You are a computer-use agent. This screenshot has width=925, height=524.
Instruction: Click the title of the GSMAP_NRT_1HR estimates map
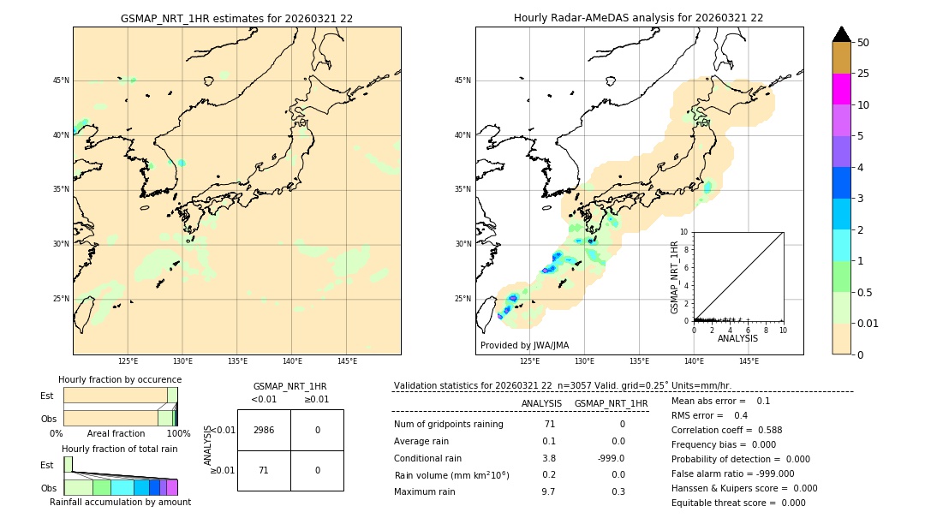pos(236,18)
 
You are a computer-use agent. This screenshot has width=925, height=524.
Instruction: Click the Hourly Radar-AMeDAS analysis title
pos(638,18)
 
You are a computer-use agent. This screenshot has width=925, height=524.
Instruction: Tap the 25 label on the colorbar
pos(863,74)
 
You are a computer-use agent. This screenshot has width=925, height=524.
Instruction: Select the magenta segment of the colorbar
pos(841,89)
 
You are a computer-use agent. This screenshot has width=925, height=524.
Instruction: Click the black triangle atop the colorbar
pos(841,34)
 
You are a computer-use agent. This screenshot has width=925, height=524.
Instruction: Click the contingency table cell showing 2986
pos(264,430)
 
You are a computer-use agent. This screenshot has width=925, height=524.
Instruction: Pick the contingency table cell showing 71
pos(264,470)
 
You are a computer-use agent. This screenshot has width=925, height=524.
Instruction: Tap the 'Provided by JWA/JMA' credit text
pos(524,345)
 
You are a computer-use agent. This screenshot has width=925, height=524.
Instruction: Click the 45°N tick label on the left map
pos(61,80)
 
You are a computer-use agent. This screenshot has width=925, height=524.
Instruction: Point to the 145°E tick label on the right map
pos(749,361)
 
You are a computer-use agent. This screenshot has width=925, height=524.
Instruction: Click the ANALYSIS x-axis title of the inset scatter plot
pos(737,338)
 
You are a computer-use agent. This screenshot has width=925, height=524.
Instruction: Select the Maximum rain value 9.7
pos(548,491)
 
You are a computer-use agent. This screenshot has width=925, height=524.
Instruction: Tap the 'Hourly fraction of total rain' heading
pos(120,449)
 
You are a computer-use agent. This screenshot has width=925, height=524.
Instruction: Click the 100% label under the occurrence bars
pos(178,433)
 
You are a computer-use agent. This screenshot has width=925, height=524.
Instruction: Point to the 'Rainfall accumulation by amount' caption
pos(120,502)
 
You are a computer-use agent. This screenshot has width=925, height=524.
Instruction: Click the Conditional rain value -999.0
pos(611,458)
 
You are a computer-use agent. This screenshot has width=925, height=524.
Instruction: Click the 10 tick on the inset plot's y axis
pos(683,231)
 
